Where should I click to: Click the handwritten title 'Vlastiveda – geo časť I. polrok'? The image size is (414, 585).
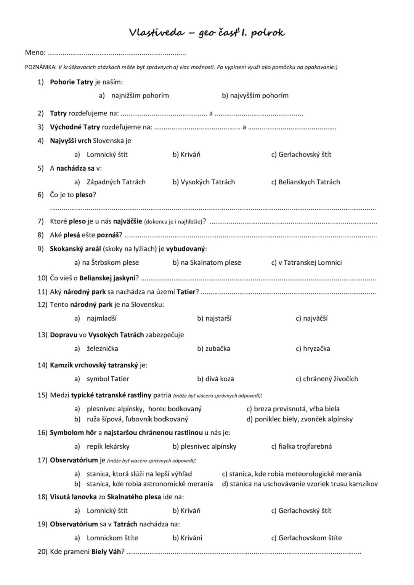coord(207,33)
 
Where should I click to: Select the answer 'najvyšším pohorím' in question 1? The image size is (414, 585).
coord(259,96)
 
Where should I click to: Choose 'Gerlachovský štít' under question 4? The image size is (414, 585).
coord(305,155)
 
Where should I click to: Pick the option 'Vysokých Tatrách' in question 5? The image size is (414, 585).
coord(207,182)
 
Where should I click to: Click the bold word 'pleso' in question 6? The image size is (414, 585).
coord(84,195)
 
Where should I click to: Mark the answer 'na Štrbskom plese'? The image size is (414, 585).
coord(110,262)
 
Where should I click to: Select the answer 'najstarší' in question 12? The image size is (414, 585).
coord(218,318)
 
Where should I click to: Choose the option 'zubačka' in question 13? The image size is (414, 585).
coord(217,348)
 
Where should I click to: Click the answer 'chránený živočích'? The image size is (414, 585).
coord(330,379)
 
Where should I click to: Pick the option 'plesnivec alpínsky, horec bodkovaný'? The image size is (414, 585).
coord(144,409)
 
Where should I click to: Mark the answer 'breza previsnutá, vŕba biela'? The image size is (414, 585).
coord(297,409)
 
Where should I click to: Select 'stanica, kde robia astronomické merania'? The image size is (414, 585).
coord(149,484)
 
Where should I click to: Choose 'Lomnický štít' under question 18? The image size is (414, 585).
coord(107,511)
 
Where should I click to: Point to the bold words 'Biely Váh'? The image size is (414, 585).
coord(106,552)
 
